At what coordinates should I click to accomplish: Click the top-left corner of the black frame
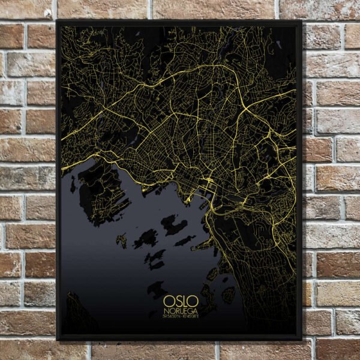coord(58,22)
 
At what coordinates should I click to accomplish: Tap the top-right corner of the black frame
coord(301,22)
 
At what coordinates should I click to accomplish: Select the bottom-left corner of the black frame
coord(58,339)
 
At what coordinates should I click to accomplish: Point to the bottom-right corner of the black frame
coord(301,339)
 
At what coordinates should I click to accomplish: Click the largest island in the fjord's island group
coord(173,225)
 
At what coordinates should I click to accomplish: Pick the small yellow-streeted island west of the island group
coord(122,241)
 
